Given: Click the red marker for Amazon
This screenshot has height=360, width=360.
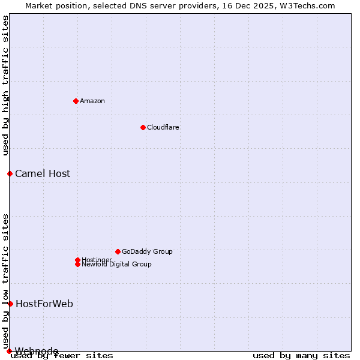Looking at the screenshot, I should pos(76,101).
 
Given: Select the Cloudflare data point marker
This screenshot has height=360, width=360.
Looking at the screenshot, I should pos(143,127).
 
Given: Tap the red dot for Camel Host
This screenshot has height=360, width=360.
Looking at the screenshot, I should pos(10,173).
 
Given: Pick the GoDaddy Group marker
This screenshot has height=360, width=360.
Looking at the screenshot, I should pos(118,251).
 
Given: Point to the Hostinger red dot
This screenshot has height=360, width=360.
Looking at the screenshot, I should pos(77,260).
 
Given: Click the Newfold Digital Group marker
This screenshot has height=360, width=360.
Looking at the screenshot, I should pos(77,265).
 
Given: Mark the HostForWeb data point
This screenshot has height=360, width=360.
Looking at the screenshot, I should pos(10,304).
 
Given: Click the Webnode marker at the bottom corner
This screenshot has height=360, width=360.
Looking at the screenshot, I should pos(9,351).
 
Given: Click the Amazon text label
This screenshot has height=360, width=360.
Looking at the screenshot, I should pos(92,101).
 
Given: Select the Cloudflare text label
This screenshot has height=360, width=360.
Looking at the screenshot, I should pos(163,127).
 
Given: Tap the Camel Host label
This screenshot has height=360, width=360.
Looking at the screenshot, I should pos(43,173).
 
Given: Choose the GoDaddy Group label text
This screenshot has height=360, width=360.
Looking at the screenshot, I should pos(147,251).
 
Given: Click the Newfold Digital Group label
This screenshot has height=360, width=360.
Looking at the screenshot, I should pos(117,265).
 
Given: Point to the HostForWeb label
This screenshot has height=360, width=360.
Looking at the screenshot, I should pos(44,304).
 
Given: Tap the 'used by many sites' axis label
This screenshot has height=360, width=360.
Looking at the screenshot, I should pos(301,355).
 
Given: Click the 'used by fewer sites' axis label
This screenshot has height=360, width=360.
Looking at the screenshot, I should pos(62,355).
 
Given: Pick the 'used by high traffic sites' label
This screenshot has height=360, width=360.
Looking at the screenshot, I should pos(5,85).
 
